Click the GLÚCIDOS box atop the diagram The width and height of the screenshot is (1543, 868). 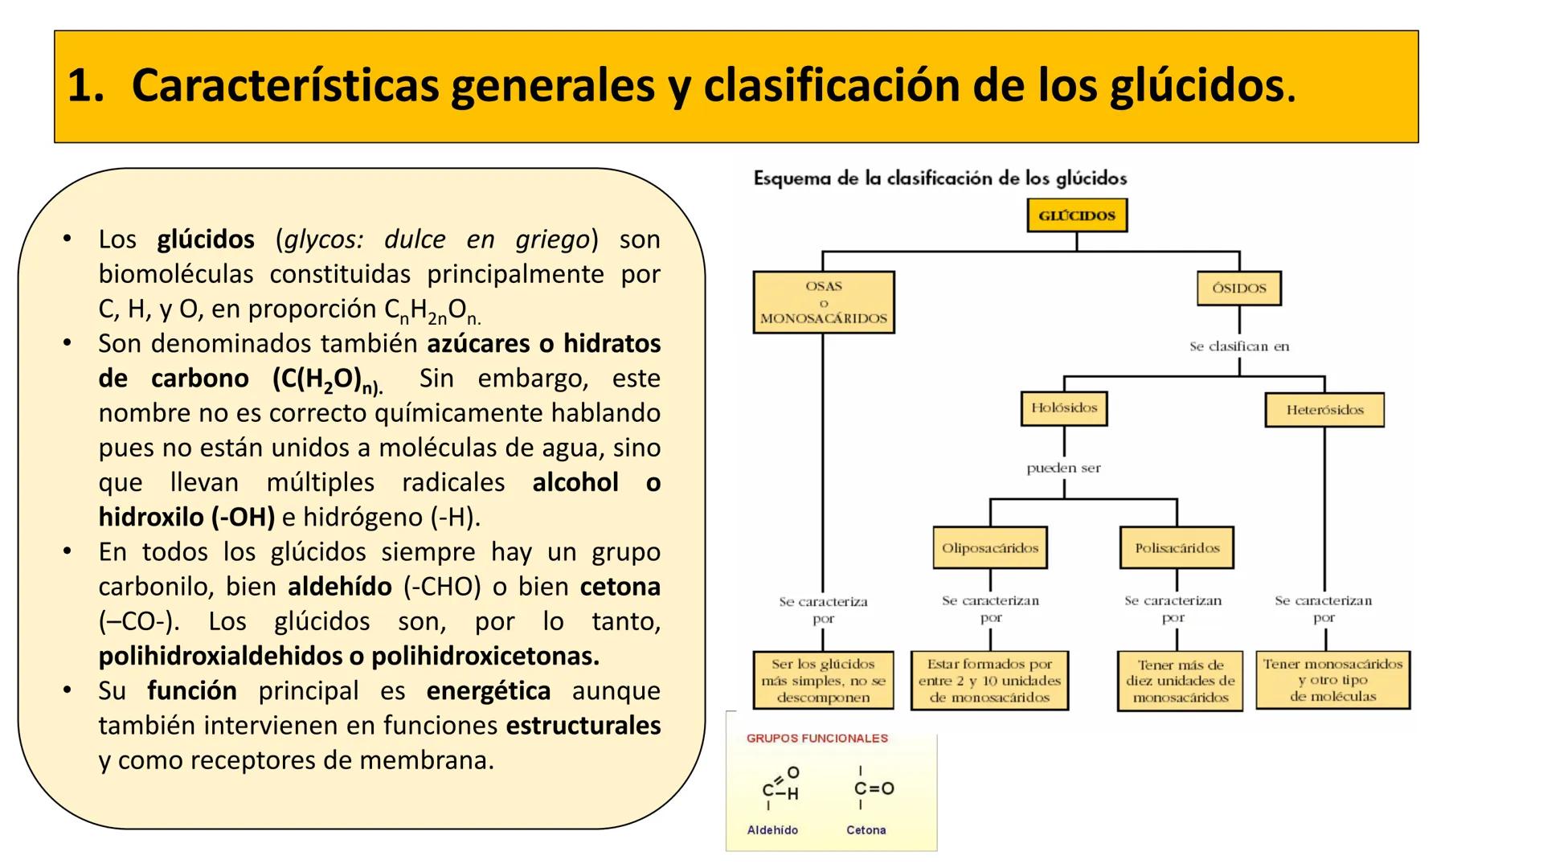click(x=1077, y=215)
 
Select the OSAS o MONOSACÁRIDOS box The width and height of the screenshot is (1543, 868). click(x=824, y=302)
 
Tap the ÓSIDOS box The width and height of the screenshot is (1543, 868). click(x=1238, y=289)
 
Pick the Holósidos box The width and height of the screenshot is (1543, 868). click(x=1064, y=408)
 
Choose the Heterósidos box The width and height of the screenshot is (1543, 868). click(x=1324, y=410)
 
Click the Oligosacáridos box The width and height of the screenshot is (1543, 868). click(x=990, y=548)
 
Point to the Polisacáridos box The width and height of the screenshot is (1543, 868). click(x=1177, y=548)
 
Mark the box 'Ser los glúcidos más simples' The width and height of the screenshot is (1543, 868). click(x=823, y=681)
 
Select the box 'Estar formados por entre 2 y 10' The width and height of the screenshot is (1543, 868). click(x=989, y=681)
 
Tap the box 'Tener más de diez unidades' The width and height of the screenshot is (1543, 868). click(x=1180, y=682)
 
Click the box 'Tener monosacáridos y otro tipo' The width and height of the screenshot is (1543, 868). click(x=1332, y=680)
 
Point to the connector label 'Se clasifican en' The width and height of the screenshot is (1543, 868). click(x=1239, y=346)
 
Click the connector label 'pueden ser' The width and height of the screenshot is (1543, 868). click(x=1063, y=468)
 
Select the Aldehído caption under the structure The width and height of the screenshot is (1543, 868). click(x=772, y=830)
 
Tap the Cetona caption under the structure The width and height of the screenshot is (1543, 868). click(x=866, y=830)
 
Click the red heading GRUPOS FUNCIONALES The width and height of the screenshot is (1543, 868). click(x=817, y=739)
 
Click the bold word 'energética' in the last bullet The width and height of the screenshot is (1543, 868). click(x=489, y=691)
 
